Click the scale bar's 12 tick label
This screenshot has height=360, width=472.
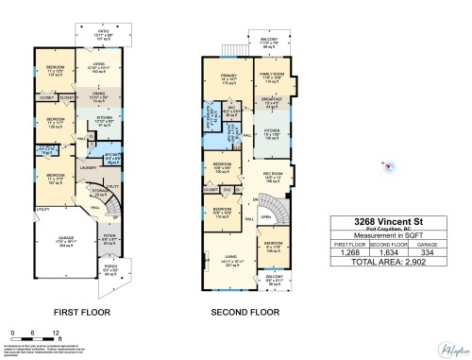(x=57, y=333)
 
